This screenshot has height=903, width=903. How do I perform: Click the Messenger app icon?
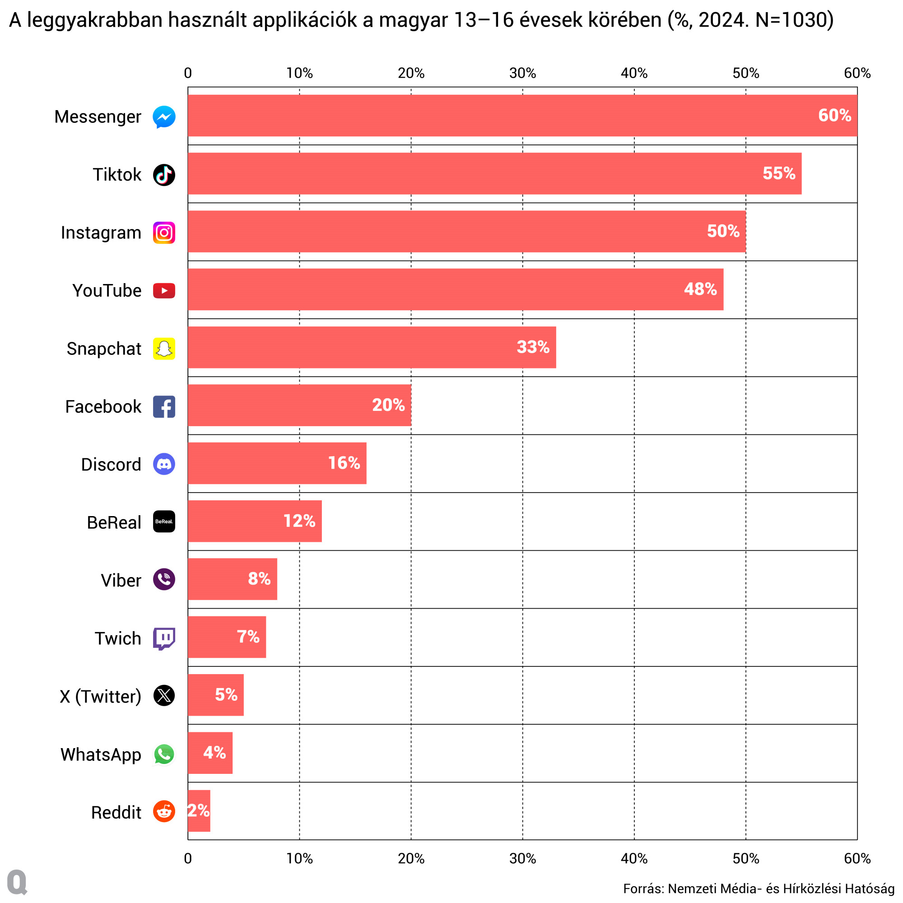164,117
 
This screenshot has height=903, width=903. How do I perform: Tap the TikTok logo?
164,175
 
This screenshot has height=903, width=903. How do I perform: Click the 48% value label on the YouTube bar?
700,289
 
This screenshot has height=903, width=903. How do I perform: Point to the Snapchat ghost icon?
164,349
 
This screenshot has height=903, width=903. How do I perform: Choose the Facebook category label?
103,407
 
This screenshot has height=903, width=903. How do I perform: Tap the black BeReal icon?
164,521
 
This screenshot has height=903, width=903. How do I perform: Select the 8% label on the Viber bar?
259,579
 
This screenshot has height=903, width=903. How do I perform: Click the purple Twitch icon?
164,638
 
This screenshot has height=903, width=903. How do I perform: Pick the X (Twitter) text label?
101,696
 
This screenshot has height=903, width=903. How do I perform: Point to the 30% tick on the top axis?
522,74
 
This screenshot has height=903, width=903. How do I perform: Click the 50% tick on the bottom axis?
745,859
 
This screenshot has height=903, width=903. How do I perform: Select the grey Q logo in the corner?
17,882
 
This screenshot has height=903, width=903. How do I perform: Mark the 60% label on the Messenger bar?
834,116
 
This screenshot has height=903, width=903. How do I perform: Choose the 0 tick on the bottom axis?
188,859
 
